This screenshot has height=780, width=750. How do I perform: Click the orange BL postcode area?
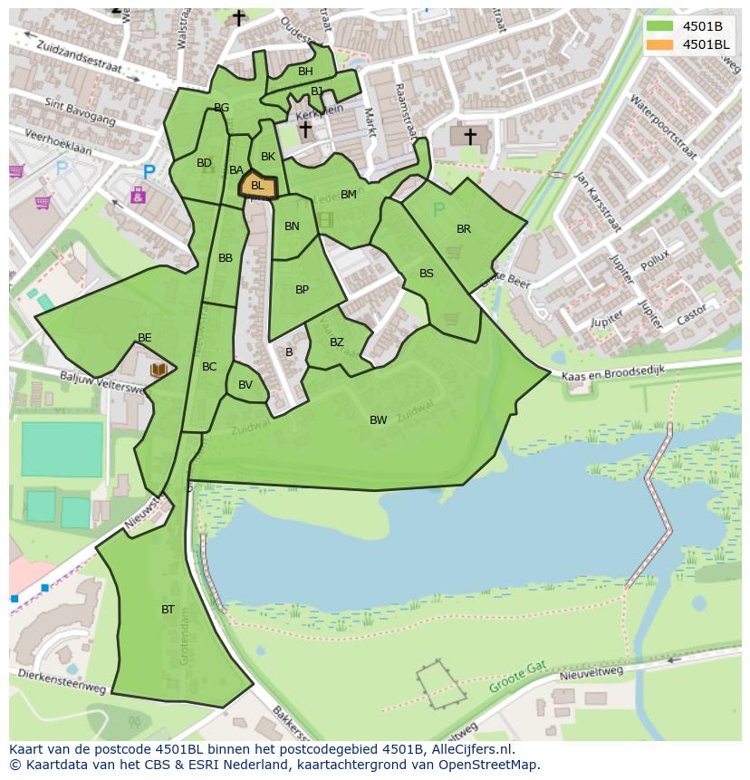pos(258,187)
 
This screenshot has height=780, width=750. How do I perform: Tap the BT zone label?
pos(168,610)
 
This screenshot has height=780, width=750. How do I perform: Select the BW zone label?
pos(378,420)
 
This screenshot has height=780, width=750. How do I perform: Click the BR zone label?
pos(464,229)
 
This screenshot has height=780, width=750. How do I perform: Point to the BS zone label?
pos(426,274)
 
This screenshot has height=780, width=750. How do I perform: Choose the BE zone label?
pos(144,338)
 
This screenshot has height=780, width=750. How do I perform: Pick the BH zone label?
pos(305,72)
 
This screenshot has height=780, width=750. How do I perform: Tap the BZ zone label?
pos(336,342)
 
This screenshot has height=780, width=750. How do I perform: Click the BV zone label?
pos(245,385)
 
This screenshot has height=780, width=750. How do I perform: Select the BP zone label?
pos(302,290)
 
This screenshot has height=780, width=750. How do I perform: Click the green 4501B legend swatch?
pos(659,26)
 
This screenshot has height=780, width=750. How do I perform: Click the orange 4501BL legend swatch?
pos(659,44)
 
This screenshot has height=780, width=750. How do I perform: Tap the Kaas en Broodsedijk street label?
pos(613,373)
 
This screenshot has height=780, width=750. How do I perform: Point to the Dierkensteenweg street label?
pos(62,682)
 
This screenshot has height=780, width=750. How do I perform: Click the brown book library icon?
pos(159,370)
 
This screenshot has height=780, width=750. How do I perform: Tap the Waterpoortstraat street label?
pos(662,126)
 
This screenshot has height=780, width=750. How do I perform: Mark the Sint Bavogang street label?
pos(80,112)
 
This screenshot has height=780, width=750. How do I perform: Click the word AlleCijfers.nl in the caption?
pos(469,749)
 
